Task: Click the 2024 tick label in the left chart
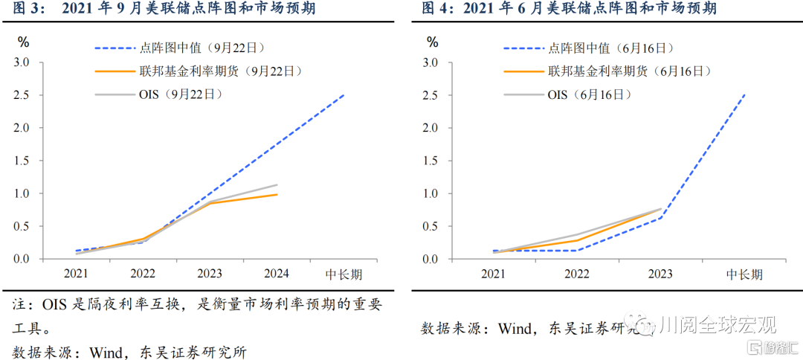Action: point(277,274)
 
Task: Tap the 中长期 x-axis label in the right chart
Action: point(744,274)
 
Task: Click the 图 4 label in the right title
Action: point(436,9)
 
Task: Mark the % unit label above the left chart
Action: point(24,42)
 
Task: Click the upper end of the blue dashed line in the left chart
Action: point(344,94)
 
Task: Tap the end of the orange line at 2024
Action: point(277,194)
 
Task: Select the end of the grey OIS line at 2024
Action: point(277,184)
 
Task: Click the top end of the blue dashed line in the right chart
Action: point(745,94)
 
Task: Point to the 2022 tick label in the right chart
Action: point(577,274)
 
